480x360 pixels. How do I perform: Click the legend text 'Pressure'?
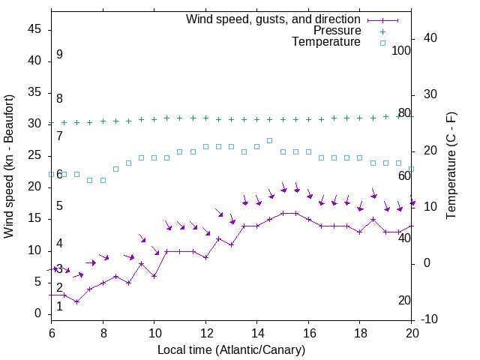click(x=337, y=31)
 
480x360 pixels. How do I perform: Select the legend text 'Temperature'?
click(x=326, y=43)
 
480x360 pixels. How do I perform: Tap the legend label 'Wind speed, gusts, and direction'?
click(x=274, y=19)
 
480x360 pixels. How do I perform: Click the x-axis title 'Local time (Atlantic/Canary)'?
click(x=232, y=350)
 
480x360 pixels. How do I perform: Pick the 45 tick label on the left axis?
click(x=34, y=29)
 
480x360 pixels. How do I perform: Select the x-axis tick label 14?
click(x=256, y=332)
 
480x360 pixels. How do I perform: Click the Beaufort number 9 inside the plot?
click(x=59, y=55)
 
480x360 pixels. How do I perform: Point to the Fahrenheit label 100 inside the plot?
click(x=402, y=50)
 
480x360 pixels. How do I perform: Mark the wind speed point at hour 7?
click(x=76, y=301)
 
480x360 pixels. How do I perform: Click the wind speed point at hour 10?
click(x=154, y=276)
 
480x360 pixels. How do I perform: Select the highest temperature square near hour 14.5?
click(x=269, y=140)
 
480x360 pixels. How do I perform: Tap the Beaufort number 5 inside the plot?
click(x=59, y=206)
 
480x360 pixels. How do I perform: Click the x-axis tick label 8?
click(x=103, y=332)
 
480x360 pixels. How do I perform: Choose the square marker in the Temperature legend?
click(x=382, y=43)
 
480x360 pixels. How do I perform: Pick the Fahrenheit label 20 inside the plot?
click(x=404, y=301)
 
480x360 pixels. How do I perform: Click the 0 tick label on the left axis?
click(x=37, y=313)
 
